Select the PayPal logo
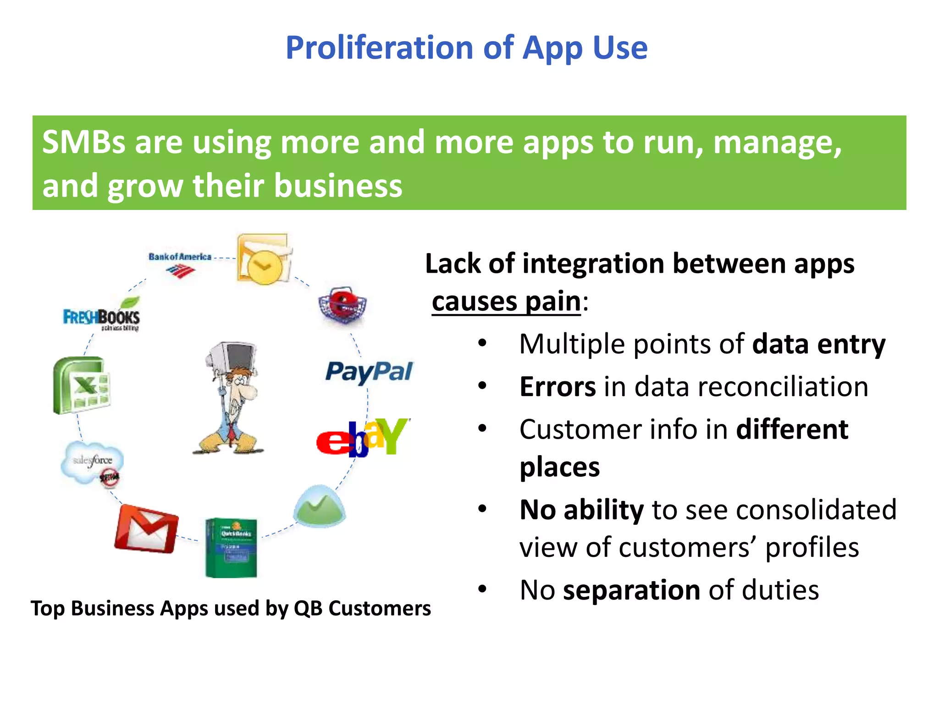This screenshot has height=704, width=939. coord(369,372)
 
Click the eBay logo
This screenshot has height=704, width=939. coord(362,437)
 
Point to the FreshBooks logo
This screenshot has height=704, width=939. coord(102,316)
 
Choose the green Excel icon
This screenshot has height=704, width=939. coord(82,385)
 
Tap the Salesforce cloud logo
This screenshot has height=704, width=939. coord(92,462)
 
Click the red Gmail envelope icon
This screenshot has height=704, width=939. coord(146,528)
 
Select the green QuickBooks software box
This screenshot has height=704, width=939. coord(231,548)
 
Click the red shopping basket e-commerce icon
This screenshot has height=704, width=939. coord(343,305)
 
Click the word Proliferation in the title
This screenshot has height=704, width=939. coord(379,48)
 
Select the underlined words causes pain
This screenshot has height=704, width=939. coord(506,302)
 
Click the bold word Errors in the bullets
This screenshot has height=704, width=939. coord(558,387)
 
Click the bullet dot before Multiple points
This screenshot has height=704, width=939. coord(482,344)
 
